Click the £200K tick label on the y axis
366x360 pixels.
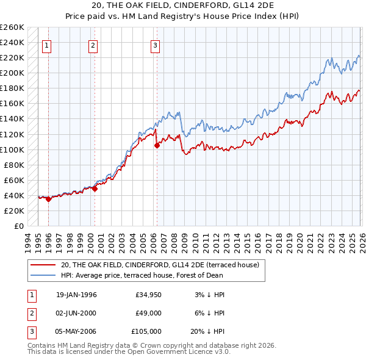(x=12, y=73)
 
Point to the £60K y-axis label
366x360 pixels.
(x=14, y=180)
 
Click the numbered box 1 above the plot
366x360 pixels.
(x=47, y=45)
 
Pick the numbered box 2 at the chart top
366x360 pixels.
(x=93, y=45)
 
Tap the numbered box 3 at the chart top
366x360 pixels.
(x=155, y=45)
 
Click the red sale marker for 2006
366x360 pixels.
(x=157, y=145)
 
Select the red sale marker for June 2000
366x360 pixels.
(x=95, y=189)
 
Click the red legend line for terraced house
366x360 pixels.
(x=43, y=265)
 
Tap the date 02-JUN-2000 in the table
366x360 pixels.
(x=76, y=313)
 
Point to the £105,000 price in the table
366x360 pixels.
(x=147, y=331)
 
